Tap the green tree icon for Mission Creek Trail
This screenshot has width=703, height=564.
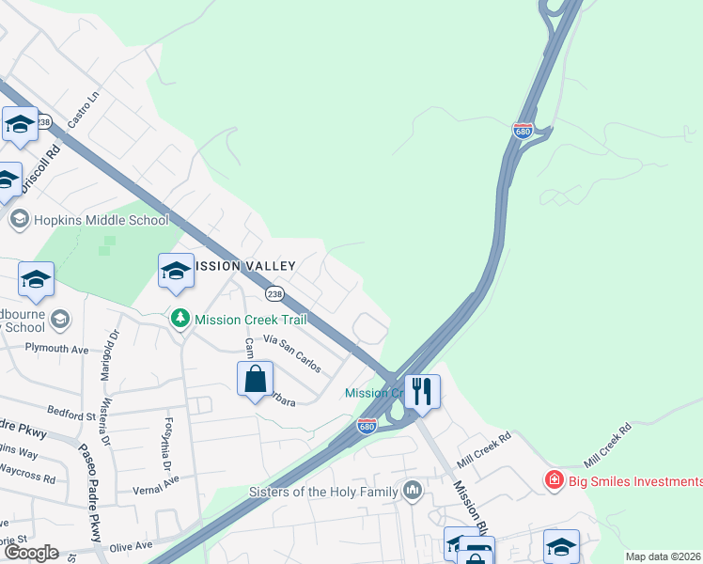(180, 320)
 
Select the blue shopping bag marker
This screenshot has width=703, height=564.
(255, 381)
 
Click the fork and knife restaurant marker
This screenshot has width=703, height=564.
(422, 390)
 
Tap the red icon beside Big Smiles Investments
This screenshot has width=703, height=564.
(555, 481)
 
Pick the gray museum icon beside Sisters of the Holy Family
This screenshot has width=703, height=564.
(412, 491)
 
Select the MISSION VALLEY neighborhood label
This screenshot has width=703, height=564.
(244, 266)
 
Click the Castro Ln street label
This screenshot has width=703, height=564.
(84, 111)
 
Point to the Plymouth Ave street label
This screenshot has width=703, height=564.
(55, 349)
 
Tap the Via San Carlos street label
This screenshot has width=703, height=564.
(292, 355)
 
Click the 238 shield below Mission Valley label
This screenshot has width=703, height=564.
(274, 293)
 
